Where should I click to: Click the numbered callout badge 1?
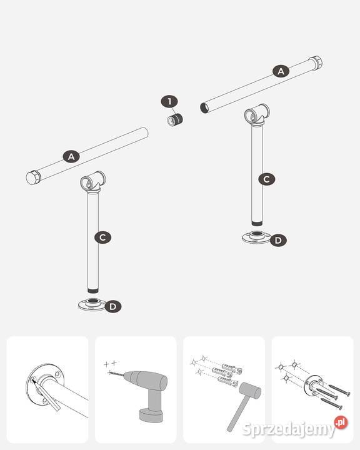point(169,102)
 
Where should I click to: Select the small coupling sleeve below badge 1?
point(176,119)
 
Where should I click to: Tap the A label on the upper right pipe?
point(281,71)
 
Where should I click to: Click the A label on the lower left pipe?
point(71,156)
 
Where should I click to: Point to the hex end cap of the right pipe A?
point(316,63)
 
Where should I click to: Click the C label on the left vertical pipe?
point(102,237)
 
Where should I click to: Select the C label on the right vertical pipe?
point(267,179)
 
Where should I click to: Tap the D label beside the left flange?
point(113,306)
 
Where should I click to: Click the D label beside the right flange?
point(278,240)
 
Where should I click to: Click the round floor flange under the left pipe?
point(92,304)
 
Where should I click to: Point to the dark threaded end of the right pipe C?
point(257,224)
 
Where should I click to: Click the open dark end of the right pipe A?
point(204,108)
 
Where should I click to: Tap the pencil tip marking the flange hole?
point(32,380)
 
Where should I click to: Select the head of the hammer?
point(250,390)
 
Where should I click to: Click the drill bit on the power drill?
point(116,374)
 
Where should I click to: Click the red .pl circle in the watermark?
point(341,422)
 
